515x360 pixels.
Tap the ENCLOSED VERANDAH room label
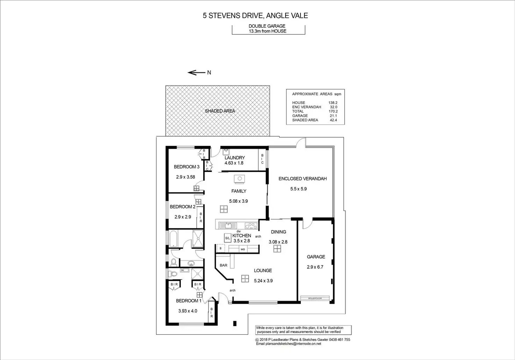click(x=302, y=179)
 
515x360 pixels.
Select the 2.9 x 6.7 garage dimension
click(x=316, y=266)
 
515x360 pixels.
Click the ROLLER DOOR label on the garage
click(x=315, y=298)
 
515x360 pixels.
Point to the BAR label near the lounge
click(x=224, y=265)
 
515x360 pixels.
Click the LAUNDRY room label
click(x=234, y=158)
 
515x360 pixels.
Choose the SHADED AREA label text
click(x=220, y=111)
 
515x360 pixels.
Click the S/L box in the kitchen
click(x=227, y=238)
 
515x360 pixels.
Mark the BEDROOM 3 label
click(x=186, y=167)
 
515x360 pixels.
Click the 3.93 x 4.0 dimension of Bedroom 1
click(x=188, y=311)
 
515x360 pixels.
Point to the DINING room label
click(x=278, y=232)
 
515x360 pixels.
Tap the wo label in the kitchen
click(x=242, y=249)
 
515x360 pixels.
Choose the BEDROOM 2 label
click(x=183, y=207)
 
